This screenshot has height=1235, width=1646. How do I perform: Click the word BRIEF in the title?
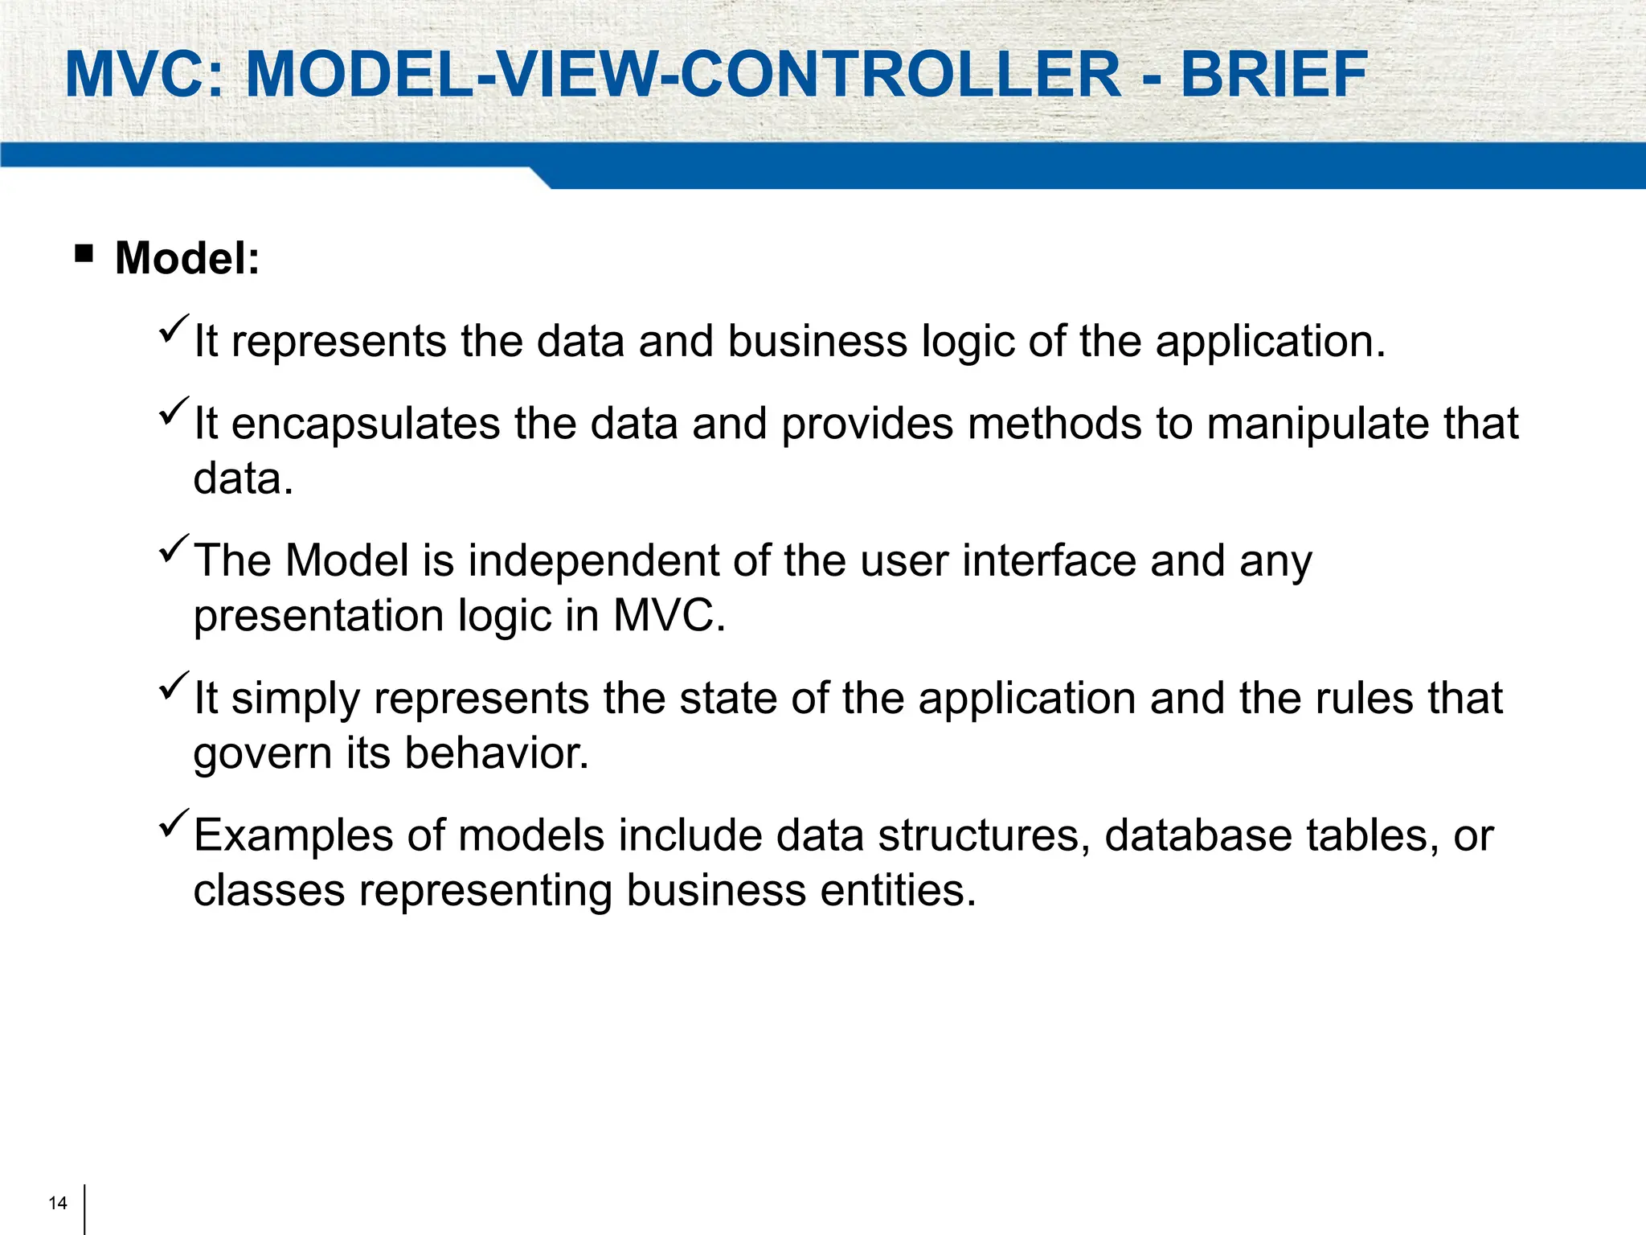click(1273, 75)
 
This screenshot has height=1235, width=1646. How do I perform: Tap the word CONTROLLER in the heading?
click(900, 75)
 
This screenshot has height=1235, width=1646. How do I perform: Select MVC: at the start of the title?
click(145, 75)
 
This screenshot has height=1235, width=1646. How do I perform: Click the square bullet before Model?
click(84, 255)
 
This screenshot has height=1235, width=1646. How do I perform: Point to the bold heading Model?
click(187, 258)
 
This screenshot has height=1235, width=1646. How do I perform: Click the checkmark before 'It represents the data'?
click(174, 330)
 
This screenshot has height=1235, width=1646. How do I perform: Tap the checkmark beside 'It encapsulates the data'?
click(174, 412)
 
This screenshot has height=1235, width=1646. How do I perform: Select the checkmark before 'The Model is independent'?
click(174, 549)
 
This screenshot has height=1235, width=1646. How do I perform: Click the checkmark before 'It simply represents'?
click(174, 687)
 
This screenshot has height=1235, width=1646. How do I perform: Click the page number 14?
click(58, 1203)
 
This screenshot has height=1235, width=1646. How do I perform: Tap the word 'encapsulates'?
click(366, 424)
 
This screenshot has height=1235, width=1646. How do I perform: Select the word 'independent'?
click(593, 560)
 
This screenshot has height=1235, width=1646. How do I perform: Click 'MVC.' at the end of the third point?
click(669, 616)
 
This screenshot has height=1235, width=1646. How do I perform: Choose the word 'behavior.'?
click(497, 753)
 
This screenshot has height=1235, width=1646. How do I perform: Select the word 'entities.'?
click(898, 891)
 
